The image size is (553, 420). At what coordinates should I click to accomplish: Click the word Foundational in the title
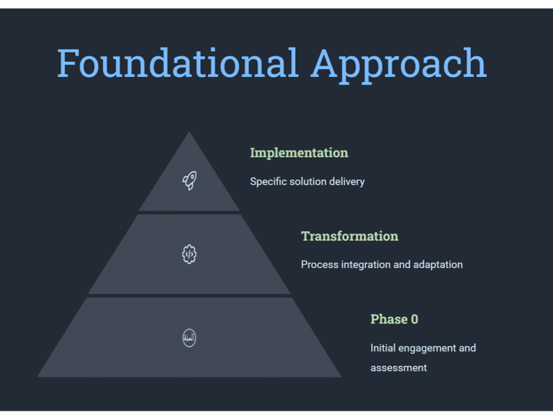pos(178,63)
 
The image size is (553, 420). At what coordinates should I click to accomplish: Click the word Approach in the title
pos(399,66)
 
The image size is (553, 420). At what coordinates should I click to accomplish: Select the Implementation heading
pos(299,153)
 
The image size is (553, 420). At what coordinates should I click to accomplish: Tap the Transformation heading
pos(349,236)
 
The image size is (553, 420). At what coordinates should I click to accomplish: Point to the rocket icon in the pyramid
pos(189,180)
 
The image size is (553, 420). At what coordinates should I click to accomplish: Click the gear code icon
pos(189,254)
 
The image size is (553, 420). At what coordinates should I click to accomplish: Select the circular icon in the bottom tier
pos(189,338)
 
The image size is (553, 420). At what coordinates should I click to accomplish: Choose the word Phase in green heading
pos(389,319)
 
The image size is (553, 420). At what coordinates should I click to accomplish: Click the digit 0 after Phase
pos(415,319)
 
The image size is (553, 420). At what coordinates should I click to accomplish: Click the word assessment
pos(398,368)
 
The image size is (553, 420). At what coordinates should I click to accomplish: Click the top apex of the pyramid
pos(189,132)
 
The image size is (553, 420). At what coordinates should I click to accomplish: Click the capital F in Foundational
pos(68,63)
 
